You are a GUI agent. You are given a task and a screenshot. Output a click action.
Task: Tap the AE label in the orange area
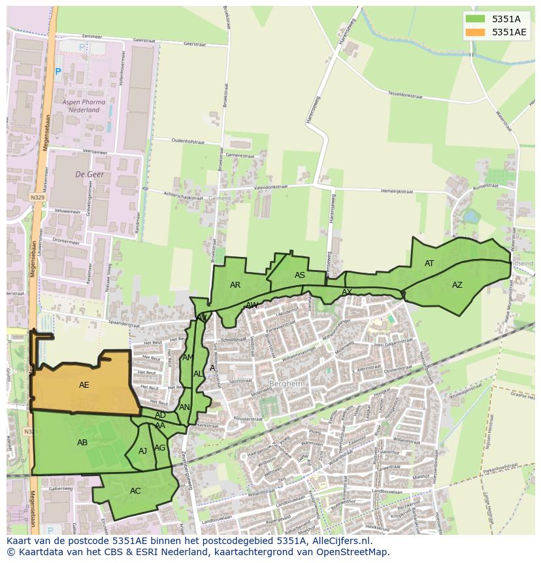pyautogui.click(x=84, y=385)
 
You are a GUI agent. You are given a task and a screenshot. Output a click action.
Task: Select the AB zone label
pyautogui.click(x=82, y=443)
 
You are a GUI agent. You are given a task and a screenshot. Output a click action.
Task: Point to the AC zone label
pyautogui.click(x=135, y=491)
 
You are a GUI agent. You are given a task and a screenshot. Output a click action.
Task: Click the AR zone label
pyautogui.click(x=235, y=285)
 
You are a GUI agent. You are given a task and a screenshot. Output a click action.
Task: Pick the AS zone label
pyautogui.click(x=299, y=275)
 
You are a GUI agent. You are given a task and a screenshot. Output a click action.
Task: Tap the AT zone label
pyautogui.click(x=429, y=264)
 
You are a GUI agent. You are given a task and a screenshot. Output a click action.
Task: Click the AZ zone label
pyautogui.click(x=457, y=285)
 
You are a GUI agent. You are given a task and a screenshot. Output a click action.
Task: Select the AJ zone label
pyautogui.click(x=142, y=451)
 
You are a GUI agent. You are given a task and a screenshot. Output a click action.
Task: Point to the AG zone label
pyautogui.click(x=159, y=448)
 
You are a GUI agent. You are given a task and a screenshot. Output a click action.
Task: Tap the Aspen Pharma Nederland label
pyautogui.click(x=81, y=107)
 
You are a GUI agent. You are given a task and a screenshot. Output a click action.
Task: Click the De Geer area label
pyautogui.click(x=90, y=175)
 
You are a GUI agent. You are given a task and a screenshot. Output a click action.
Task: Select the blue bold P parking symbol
pyautogui.click(x=57, y=72)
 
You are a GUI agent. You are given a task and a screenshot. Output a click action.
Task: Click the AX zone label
pyautogui.click(x=347, y=292)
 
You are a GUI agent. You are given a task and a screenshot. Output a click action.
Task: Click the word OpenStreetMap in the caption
pyautogui.click(x=354, y=552)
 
